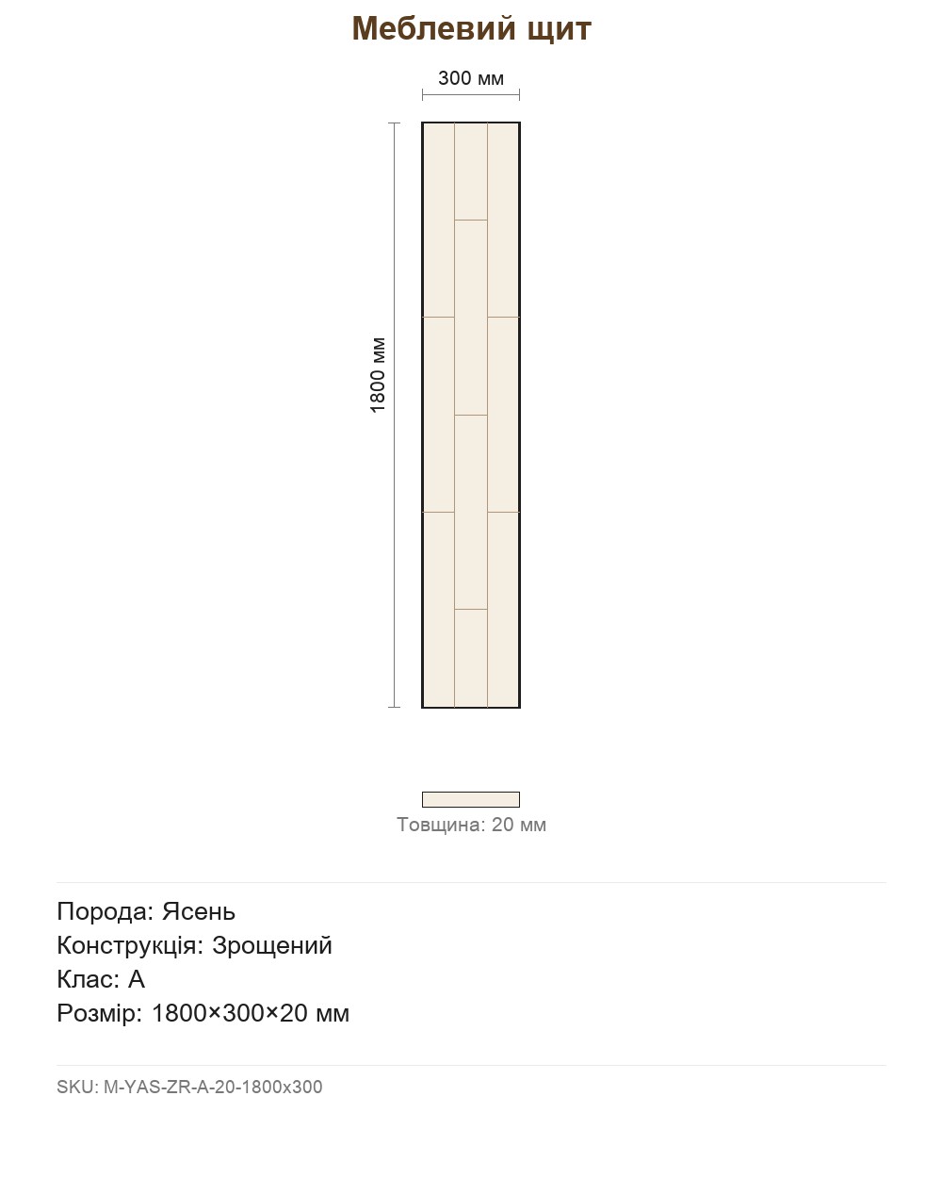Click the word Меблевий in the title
tap(433, 28)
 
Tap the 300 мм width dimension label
tap(471, 78)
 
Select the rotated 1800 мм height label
tap(378, 375)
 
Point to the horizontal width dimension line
tap(471, 94)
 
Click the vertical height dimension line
tap(394, 415)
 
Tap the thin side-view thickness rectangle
tap(471, 799)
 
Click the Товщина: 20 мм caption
tap(471, 825)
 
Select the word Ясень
tap(198, 911)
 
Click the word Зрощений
tap(272, 945)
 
